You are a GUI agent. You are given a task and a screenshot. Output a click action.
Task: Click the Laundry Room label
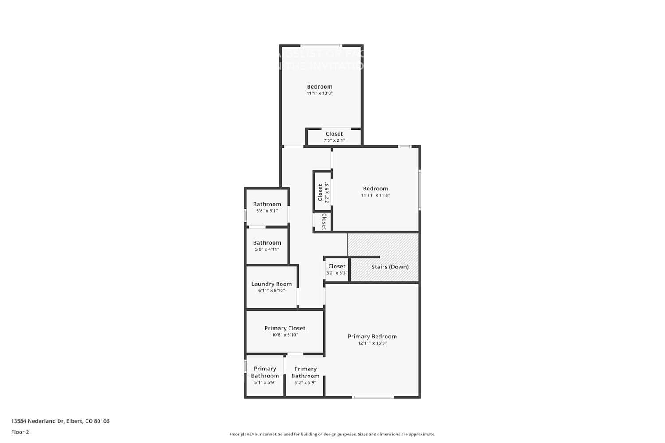[x=271, y=284]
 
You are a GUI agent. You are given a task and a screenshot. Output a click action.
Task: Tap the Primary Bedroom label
[x=372, y=337]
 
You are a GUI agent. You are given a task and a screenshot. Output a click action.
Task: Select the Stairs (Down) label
[x=390, y=267]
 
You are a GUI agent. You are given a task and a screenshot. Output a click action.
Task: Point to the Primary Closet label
[x=285, y=328]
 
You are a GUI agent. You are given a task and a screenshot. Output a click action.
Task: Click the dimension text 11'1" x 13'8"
[x=319, y=93]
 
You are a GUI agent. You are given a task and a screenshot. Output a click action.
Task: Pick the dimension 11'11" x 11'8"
[x=375, y=195]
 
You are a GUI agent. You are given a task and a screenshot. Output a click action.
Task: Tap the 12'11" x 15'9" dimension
[x=372, y=343]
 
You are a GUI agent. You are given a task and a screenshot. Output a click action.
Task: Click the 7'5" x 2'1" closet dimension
[x=334, y=140]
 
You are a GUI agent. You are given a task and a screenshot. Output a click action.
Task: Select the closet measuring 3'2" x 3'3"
[x=336, y=270]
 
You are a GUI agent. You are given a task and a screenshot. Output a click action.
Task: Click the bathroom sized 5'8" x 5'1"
[x=267, y=207]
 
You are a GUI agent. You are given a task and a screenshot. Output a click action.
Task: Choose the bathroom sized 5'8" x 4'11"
[x=267, y=246]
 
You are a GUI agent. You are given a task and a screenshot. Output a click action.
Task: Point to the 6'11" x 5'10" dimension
[x=271, y=291]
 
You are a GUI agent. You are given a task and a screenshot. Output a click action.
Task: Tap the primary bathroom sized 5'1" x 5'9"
[x=265, y=375]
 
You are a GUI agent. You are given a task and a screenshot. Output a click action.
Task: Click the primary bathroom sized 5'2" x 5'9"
[x=305, y=375]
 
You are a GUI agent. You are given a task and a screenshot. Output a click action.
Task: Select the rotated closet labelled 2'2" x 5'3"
[x=322, y=193]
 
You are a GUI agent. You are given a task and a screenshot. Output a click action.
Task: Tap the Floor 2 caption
[x=20, y=432]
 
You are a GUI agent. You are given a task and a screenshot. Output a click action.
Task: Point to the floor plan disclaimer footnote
[x=332, y=435]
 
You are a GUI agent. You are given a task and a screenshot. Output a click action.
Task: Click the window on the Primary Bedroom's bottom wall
[x=372, y=397]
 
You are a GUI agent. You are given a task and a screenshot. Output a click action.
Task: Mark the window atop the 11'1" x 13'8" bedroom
[x=321, y=45]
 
